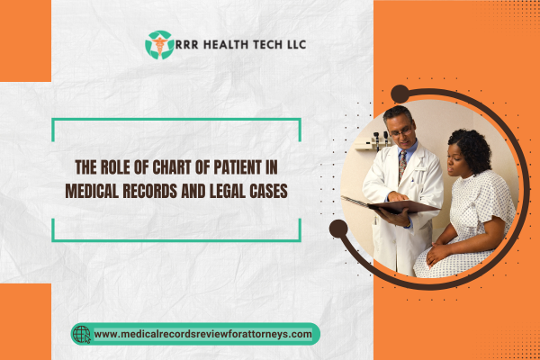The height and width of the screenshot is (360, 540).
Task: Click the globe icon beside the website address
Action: (x=82, y=334)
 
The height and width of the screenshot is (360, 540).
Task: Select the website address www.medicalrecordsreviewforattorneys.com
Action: (x=202, y=334)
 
